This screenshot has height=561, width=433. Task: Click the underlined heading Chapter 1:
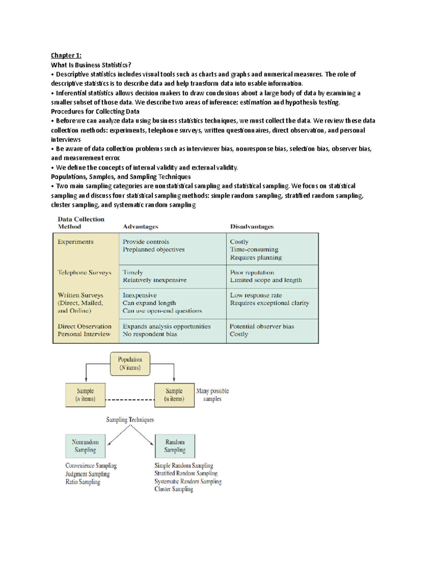coord(66,55)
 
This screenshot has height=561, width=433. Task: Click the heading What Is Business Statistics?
coord(91,65)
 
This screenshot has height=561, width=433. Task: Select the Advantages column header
coord(140,226)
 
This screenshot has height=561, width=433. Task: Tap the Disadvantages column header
coord(252,226)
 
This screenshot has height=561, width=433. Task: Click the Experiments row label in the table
coord(75,242)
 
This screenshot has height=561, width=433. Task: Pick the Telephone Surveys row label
coord(84,272)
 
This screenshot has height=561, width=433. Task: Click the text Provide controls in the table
coord(146,242)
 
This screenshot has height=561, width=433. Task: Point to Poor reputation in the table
coord(252,272)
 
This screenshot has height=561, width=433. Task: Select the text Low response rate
coord(256,295)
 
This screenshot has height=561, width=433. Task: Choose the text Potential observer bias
coord(262,326)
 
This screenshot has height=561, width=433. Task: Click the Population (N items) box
coord(130,364)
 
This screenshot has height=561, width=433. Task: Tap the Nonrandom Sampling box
coord(85,446)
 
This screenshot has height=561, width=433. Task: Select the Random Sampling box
coord(175,446)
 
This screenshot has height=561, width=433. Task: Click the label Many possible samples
coord(212,395)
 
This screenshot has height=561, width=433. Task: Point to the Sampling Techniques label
coord(130,420)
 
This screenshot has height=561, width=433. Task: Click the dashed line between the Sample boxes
coord(130,400)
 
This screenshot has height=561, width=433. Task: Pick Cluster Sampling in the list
coord(174,489)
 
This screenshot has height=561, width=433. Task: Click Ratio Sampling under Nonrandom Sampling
coord(83,482)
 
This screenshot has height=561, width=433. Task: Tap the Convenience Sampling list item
coord(91,466)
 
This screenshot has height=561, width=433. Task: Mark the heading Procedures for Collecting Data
coord(95,112)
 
